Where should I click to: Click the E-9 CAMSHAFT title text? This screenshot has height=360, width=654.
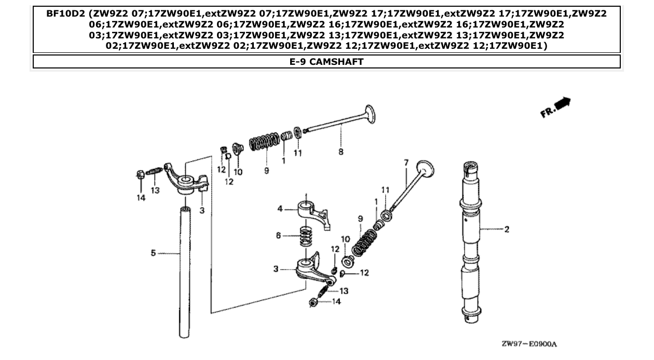326,62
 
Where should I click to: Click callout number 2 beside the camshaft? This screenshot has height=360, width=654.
507,229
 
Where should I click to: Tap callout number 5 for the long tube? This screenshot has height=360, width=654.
153,253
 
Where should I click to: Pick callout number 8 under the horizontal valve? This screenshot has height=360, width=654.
340,153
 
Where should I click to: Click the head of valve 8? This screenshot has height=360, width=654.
370,114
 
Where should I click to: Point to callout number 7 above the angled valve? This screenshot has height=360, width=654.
406,163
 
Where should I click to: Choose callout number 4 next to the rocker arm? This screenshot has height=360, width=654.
280,209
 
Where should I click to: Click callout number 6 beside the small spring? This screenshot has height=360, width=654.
279,236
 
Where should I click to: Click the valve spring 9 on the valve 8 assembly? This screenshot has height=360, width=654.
263,142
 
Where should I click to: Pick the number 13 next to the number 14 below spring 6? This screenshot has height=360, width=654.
343,291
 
